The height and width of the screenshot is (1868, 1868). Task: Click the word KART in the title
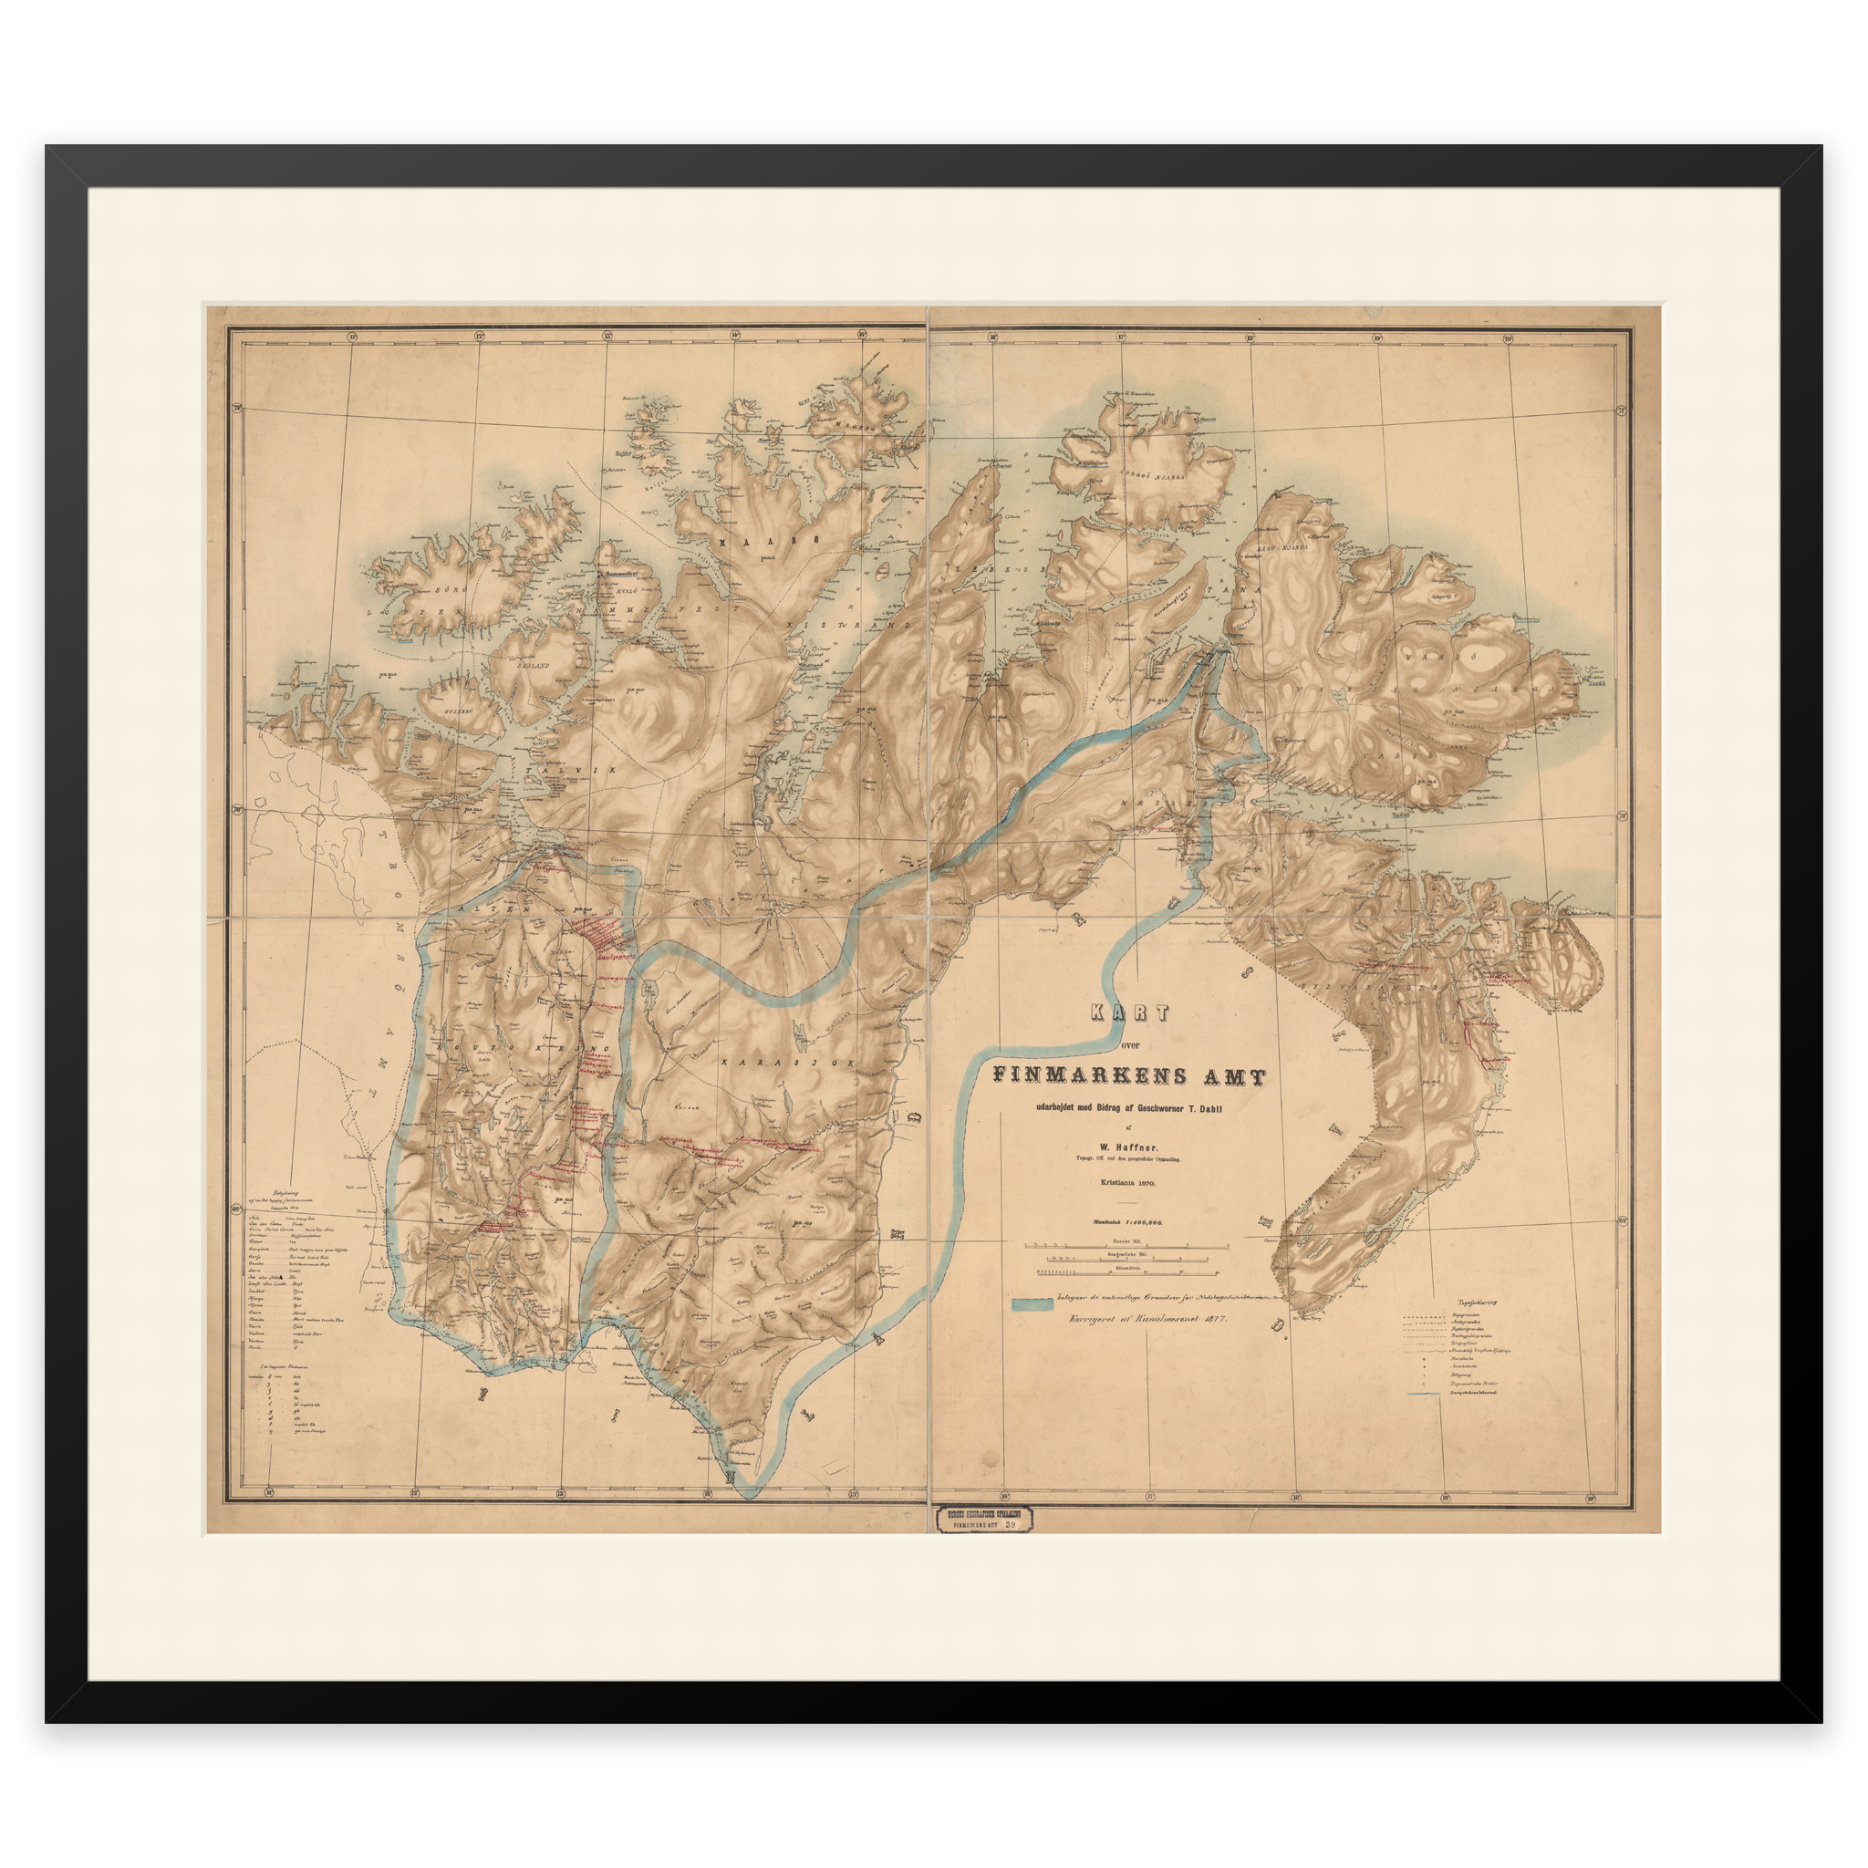click(1129, 1012)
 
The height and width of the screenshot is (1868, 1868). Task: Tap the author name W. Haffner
click(1128, 1147)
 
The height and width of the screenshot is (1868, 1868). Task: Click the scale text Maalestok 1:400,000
click(1127, 1222)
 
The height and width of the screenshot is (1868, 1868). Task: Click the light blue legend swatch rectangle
click(1032, 1304)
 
